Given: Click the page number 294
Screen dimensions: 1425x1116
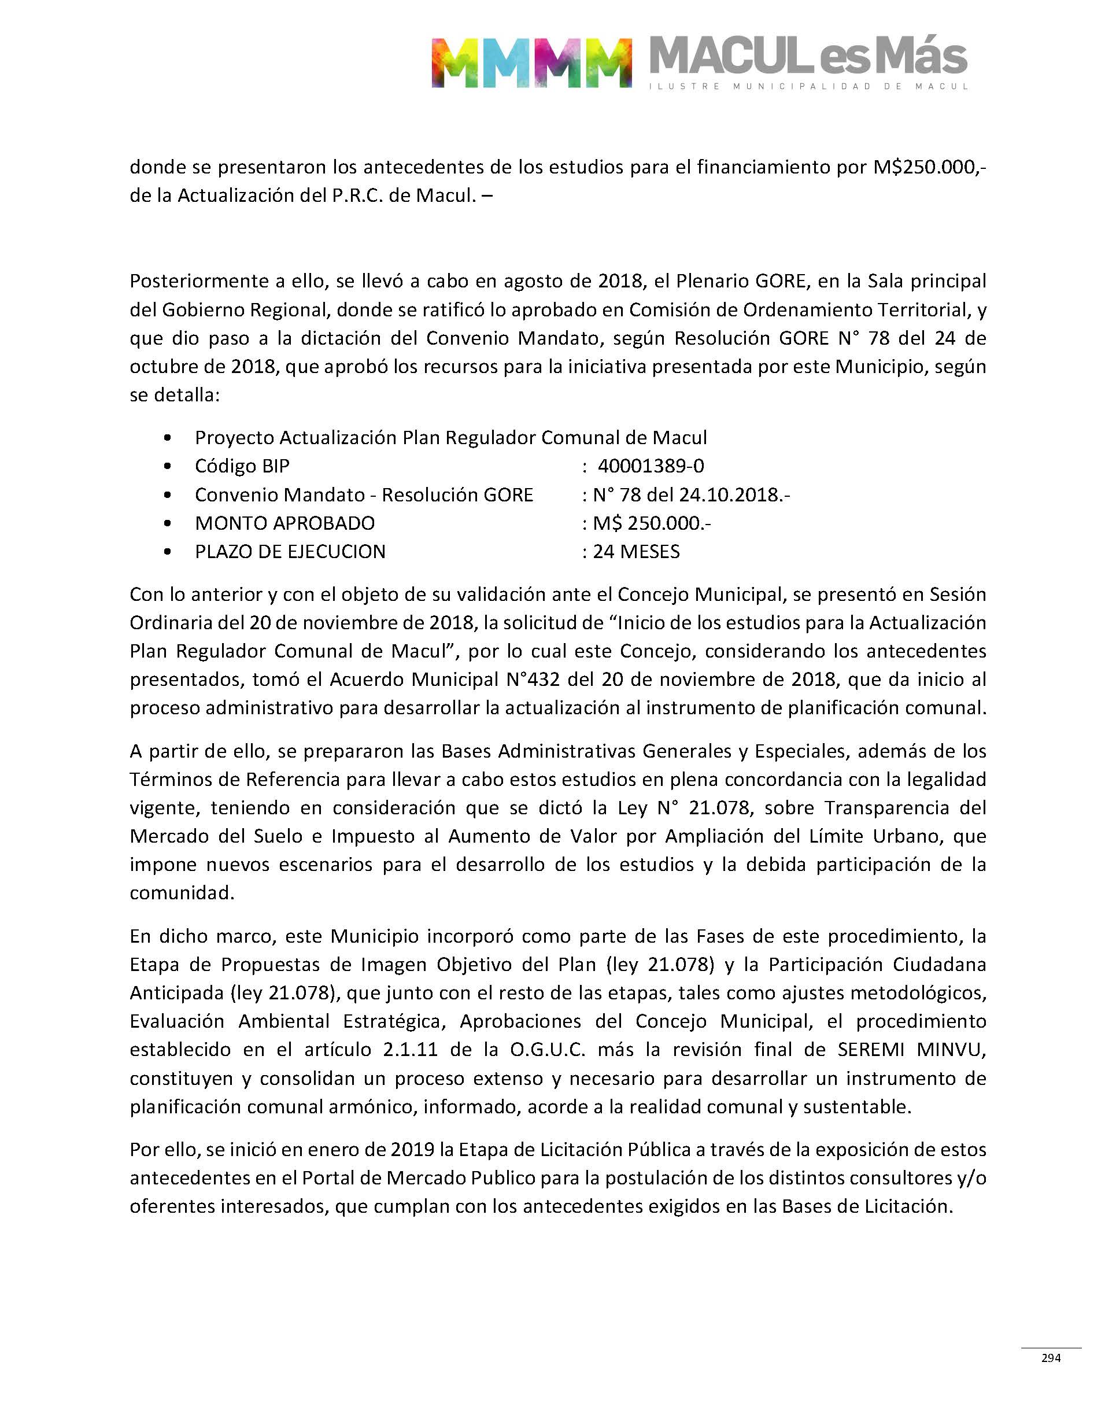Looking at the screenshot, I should [x=1051, y=1358].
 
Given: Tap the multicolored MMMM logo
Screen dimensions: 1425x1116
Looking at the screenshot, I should [x=531, y=62].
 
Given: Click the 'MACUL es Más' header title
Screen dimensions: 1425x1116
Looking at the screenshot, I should [x=808, y=56].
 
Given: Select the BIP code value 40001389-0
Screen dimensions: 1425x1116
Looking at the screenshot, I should [x=651, y=466].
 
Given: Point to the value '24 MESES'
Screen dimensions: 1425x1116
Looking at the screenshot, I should [x=635, y=552].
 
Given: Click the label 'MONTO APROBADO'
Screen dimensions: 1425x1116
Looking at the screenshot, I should [x=285, y=523].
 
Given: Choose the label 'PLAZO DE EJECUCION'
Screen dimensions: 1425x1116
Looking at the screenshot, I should [x=290, y=552].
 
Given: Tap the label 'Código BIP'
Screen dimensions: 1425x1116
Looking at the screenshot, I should [x=242, y=466].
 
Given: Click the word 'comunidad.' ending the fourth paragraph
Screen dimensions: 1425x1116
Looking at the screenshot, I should [x=182, y=892].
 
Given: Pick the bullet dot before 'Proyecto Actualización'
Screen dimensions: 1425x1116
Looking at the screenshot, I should [x=169, y=438].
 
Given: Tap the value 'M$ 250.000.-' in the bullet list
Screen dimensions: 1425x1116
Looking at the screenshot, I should [x=652, y=523].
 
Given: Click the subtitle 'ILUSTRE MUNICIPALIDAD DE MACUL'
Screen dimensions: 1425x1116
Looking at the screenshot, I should [x=808, y=86].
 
